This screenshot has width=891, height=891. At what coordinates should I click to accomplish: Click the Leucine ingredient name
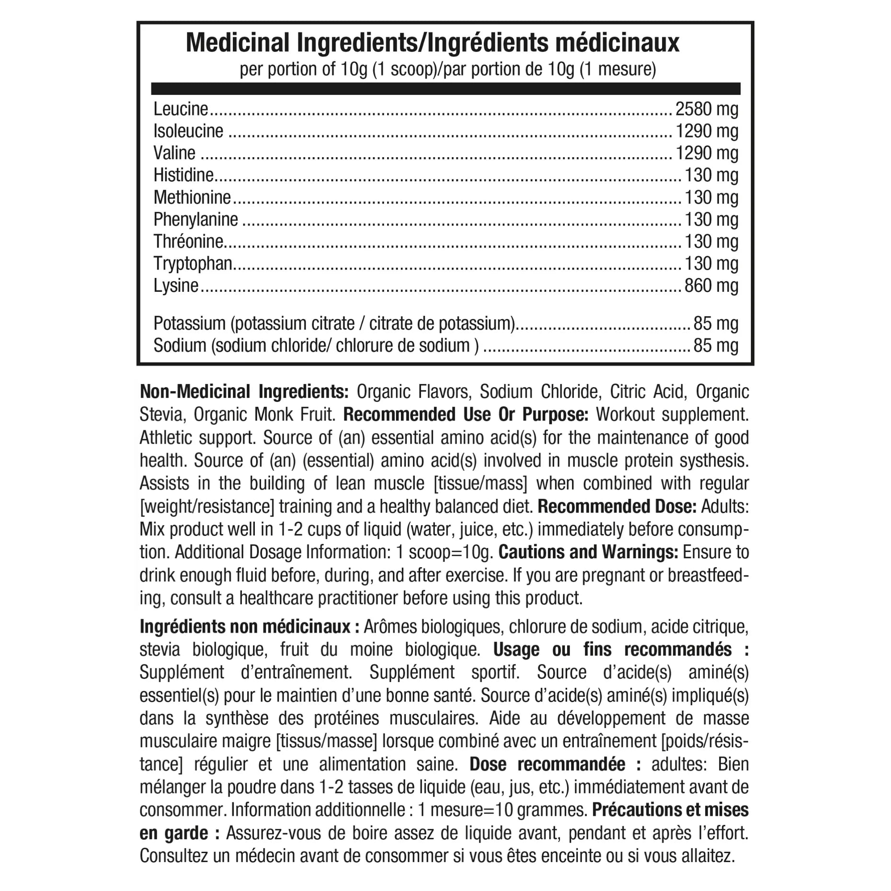[x=181, y=110]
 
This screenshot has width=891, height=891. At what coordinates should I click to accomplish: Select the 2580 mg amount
[x=707, y=110]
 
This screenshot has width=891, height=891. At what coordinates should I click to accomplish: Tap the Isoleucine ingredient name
[x=188, y=131]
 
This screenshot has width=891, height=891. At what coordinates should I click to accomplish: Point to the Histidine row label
[x=183, y=175]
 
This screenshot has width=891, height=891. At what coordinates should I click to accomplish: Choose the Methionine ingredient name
[x=192, y=197]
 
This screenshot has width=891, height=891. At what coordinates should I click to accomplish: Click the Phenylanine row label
[x=195, y=219]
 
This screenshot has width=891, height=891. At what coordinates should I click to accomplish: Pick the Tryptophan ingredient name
[x=193, y=263]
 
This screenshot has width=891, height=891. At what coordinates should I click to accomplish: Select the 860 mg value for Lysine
[x=711, y=286]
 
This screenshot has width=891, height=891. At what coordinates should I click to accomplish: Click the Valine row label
[x=174, y=153]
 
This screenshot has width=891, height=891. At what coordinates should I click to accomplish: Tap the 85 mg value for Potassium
[x=716, y=324]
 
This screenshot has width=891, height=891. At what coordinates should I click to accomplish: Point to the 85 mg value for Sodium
[x=716, y=346]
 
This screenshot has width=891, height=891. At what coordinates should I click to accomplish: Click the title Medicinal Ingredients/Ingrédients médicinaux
[x=432, y=43]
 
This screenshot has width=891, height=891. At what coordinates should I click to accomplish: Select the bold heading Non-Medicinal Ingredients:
[x=244, y=392]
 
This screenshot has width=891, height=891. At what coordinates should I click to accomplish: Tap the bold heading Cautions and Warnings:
[x=588, y=552]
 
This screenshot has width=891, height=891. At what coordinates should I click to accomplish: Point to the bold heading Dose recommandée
[x=555, y=765]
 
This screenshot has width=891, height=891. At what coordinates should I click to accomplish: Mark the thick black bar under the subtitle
[x=445, y=89]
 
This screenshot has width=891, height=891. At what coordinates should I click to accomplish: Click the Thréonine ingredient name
[x=188, y=241]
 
